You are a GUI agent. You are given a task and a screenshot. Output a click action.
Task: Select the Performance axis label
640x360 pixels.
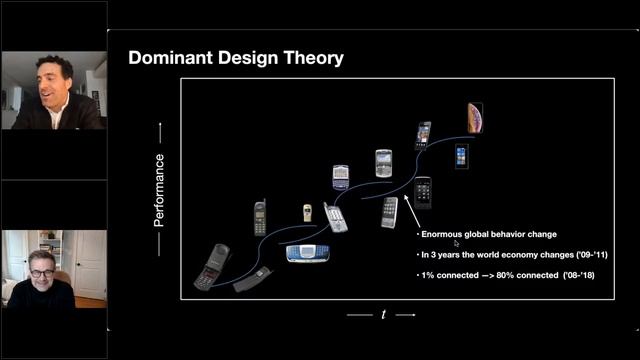coord(159,190)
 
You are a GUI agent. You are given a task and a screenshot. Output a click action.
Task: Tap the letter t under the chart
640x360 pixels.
coord(384,314)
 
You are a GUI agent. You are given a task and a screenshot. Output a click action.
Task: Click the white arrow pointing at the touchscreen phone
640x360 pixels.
coord(410,209)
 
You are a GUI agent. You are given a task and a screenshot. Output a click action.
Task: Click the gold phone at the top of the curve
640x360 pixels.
coord(475,117)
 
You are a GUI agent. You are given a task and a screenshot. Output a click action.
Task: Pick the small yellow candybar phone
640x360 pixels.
coord(307,213)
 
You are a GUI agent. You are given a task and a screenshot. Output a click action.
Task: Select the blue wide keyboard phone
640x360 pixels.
coord(308,251)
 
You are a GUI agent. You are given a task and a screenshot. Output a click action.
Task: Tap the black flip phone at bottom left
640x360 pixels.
coord(212,266)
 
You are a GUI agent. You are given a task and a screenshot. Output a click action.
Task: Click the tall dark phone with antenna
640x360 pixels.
coord(260,217)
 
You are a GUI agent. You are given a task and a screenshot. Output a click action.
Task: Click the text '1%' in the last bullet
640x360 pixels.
coord(428,274)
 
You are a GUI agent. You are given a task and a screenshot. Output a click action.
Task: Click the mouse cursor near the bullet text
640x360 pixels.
coord(456,242)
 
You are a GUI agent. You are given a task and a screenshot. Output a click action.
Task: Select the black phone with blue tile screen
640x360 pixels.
coord(461,155)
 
